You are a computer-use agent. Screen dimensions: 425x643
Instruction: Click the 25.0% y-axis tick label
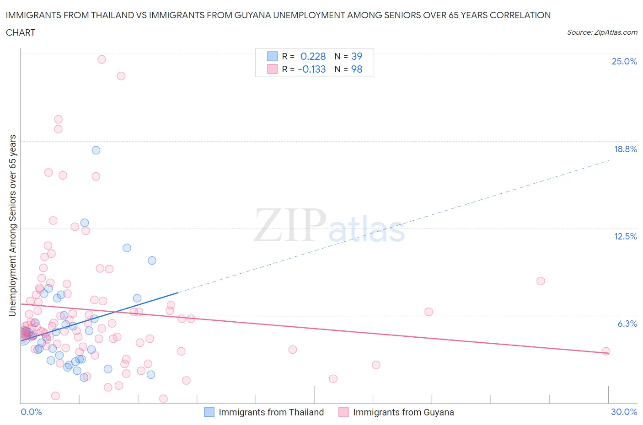pos(624,62)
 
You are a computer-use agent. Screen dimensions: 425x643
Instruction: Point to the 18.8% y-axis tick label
pos(625,149)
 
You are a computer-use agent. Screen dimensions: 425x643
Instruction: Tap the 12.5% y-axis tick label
pos(625,237)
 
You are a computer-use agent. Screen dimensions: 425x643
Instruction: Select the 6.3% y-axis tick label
pos(627,324)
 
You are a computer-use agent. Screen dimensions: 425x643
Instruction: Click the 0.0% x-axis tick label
pos(31,412)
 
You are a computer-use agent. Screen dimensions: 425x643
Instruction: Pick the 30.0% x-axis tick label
pos(624,412)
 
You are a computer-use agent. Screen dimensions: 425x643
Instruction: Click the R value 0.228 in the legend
pos(313,57)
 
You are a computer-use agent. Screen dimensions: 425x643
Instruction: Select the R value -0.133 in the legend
pos(311,69)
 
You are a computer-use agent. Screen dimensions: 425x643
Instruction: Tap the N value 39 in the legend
pos(357,57)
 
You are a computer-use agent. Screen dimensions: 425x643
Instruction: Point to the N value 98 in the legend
pos(357,69)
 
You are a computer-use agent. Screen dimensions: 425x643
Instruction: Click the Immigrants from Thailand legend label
pos(271,413)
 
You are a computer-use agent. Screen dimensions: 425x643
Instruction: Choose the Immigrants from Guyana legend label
pos(403,413)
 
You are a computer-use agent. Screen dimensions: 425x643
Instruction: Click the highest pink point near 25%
pos(102,59)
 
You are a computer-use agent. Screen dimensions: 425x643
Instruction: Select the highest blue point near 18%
pos(96,150)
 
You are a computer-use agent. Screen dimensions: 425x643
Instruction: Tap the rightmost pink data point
pos(606,351)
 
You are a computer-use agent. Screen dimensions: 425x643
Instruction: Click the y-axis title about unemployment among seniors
pos(13,226)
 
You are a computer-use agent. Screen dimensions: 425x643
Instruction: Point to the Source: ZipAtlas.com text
pos(602,32)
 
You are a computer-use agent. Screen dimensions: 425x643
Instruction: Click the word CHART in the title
pos(21,32)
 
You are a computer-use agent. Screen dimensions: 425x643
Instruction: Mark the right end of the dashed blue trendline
pos(609,161)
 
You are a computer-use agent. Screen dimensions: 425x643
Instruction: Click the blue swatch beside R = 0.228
pos(272,57)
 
